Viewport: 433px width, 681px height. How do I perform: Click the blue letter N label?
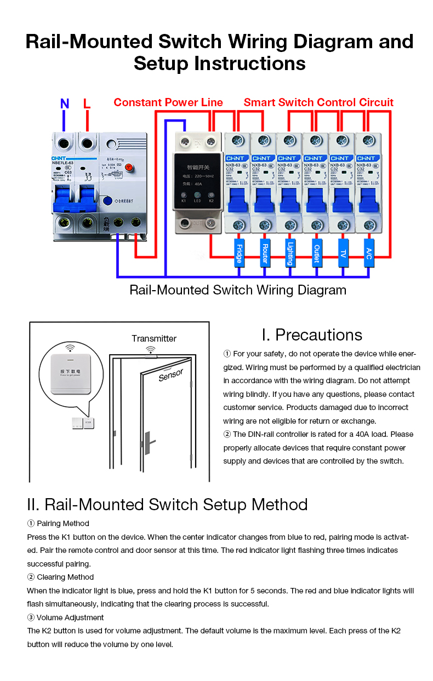point(65,103)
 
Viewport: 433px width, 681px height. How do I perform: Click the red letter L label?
point(87,103)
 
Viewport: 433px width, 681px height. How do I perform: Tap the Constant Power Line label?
point(168,102)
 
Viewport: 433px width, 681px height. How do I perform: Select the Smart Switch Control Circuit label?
point(318,102)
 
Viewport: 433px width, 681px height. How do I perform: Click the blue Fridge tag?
point(238,252)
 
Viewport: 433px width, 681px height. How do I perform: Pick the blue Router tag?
point(264,252)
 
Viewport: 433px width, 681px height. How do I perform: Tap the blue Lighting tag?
point(290,252)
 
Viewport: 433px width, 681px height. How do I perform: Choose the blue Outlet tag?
point(316,252)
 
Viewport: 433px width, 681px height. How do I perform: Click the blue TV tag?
point(343,252)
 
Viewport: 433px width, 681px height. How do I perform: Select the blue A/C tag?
point(369,252)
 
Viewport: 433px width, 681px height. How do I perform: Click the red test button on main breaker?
point(129,168)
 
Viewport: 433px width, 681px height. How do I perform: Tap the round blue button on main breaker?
point(109,201)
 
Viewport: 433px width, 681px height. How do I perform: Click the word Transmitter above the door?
point(154,338)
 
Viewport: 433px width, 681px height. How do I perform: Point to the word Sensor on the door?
point(171,375)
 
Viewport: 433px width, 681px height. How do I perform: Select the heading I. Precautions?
point(312,334)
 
